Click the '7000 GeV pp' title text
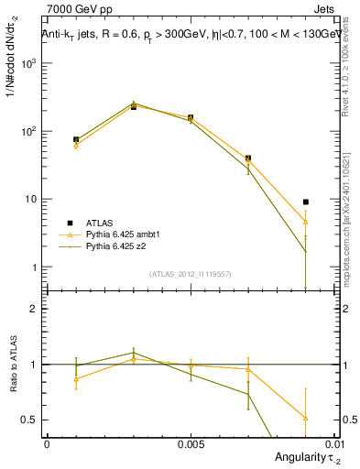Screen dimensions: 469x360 pos(73,10)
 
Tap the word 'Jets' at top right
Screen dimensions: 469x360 pos(326,10)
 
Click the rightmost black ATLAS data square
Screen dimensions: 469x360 pos(305,202)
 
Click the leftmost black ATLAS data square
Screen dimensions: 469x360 pos(76,139)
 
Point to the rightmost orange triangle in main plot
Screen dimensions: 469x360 pos(305,222)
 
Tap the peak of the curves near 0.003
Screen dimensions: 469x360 pos(133,104)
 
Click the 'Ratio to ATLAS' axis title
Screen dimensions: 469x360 pos(12,364)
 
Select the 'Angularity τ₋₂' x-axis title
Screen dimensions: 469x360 pos(301,457)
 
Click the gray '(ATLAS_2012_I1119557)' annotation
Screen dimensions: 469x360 pos(190,275)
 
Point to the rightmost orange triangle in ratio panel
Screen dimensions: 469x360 pos(305,418)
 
